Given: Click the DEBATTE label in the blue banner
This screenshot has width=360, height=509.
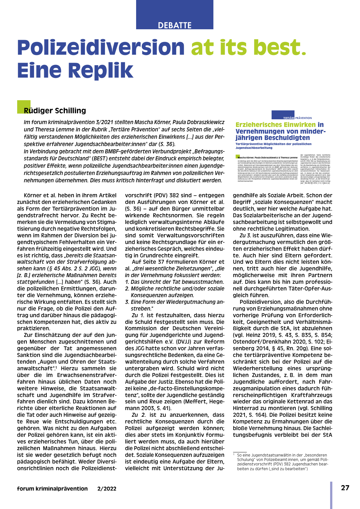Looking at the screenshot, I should [175, 25].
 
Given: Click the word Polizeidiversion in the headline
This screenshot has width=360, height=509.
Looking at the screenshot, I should [101, 47].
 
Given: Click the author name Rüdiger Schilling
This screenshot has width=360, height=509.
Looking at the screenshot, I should [55, 111].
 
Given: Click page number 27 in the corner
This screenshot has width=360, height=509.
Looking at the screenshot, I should [345, 488].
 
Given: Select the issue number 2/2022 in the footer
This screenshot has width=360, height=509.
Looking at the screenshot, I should [107, 489].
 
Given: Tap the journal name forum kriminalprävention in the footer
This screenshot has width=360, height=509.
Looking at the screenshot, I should [52, 489].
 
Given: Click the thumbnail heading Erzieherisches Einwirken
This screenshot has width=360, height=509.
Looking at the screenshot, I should [275, 125].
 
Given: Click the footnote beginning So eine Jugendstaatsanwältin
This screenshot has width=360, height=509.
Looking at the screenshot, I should [282, 462].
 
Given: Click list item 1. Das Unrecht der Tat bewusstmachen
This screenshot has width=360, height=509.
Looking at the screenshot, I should [174, 282].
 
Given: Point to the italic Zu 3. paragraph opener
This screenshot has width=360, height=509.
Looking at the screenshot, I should [245, 235].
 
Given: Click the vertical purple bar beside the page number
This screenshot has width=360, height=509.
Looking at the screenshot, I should [331, 495].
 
